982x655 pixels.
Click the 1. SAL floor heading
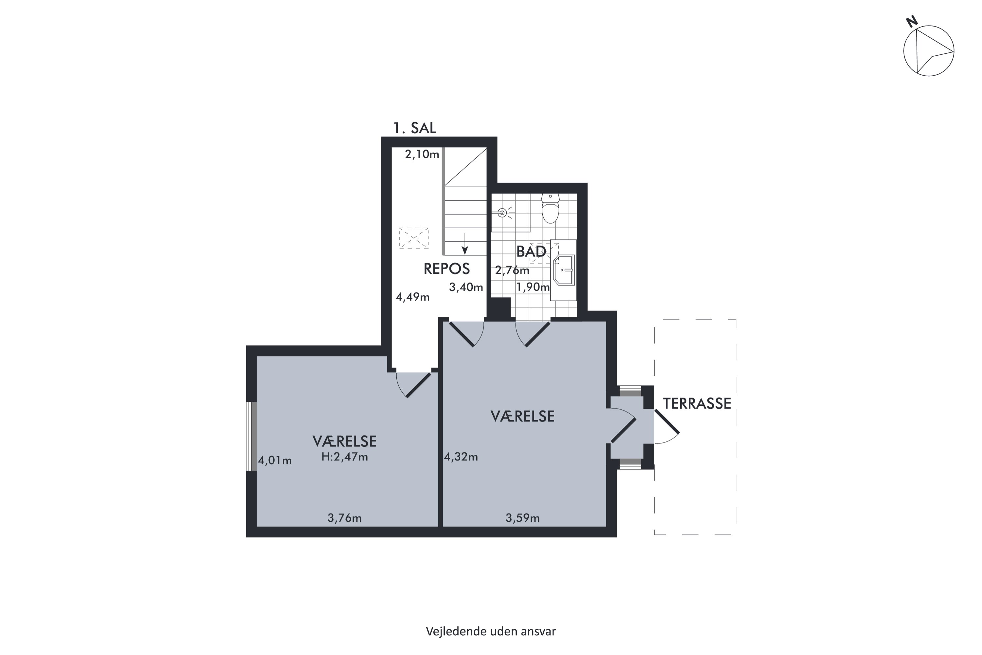[x=415, y=128]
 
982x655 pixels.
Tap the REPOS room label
[x=446, y=269]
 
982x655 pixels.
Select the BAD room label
[x=531, y=251]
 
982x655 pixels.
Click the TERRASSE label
[x=697, y=403]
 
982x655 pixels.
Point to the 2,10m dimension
[x=422, y=155]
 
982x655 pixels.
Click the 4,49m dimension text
[x=412, y=297]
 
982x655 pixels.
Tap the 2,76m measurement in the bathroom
[x=512, y=270]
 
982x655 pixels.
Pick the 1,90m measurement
[x=533, y=287]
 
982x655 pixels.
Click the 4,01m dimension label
[x=275, y=460]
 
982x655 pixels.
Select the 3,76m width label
[x=344, y=518]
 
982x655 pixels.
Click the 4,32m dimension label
[x=461, y=457]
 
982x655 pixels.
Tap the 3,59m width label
[x=523, y=518]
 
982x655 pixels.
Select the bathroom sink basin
[x=564, y=270]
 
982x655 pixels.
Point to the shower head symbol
[x=502, y=213]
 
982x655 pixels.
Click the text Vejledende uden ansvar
[x=491, y=631]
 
